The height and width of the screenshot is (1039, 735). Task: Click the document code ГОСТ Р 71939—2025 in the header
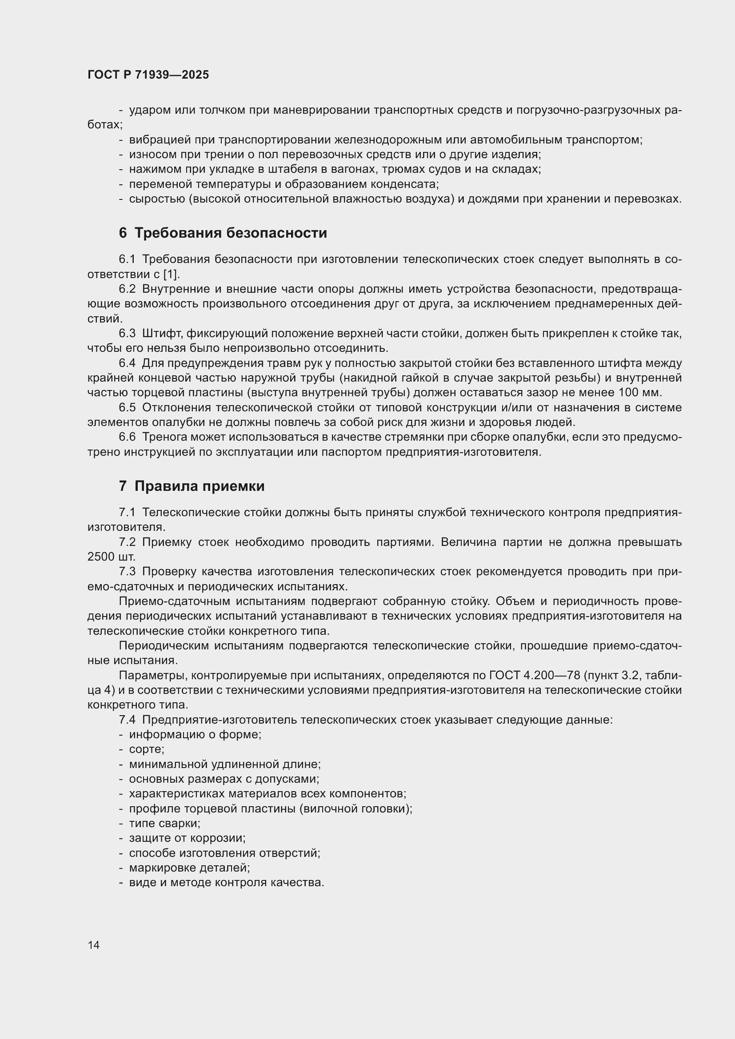tap(148, 75)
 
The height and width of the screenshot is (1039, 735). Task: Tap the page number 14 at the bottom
tap(94, 945)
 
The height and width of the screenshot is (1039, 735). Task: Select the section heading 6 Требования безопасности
tap(223, 233)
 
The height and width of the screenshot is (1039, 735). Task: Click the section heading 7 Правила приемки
tap(192, 486)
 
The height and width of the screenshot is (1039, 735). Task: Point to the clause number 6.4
tap(127, 363)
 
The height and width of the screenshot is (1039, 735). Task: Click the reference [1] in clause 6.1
tap(171, 274)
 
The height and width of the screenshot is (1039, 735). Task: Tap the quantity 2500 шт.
tap(111, 557)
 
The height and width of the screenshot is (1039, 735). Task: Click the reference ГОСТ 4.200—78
tap(535, 676)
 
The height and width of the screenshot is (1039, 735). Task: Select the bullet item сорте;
tap(146, 749)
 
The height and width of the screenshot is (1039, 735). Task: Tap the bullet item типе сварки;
tap(164, 823)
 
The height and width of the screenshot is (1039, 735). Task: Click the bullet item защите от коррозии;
tap(187, 838)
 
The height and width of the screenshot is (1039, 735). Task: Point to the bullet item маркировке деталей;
tap(189, 868)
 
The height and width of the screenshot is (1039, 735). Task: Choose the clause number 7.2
tap(127, 542)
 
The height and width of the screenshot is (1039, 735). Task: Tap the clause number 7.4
tap(127, 720)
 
